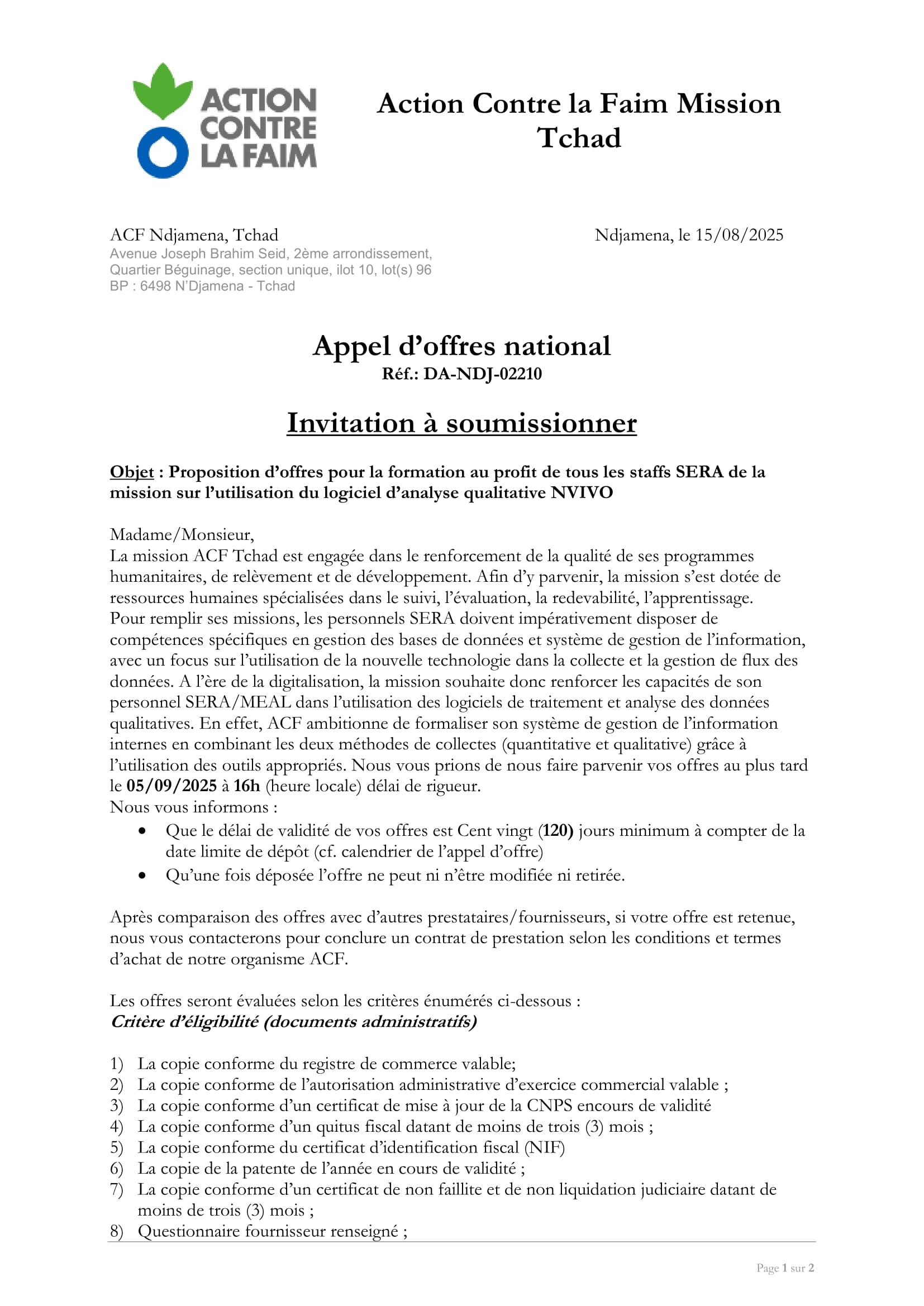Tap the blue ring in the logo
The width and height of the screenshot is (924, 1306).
pyautogui.click(x=163, y=153)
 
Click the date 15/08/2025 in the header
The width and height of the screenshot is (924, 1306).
pyautogui.click(x=739, y=235)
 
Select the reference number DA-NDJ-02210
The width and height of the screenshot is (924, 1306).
pyautogui.click(x=482, y=374)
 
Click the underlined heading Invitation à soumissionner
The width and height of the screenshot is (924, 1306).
pyautogui.click(x=461, y=423)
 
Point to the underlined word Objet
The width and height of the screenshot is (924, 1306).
pyautogui.click(x=132, y=472)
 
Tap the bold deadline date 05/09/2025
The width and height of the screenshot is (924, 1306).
pyautogui.click(x=172, y=786)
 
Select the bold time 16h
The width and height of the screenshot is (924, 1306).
pyautogui.click(x=246, y=786)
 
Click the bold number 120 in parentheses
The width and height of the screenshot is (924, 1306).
pyautogui.click(x=557, y=830)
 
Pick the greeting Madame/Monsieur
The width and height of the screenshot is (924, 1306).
pyautogui.click(x=182, y=535)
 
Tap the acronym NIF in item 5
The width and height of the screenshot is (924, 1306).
pyautogui.click(x=545, y=1147)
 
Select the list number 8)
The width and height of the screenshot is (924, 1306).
pyautogui.click(x=116, y=1231)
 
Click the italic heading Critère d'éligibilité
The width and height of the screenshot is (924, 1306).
pyautogui.click(x=185, y=1022)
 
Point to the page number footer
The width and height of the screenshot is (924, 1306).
pyautogui.click(x=784, y=1268)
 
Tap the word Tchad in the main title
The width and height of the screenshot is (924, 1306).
pyautogui.click(x=579, y=138)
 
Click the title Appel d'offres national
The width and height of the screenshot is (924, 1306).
pyautogui.click(x=461, y=346)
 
